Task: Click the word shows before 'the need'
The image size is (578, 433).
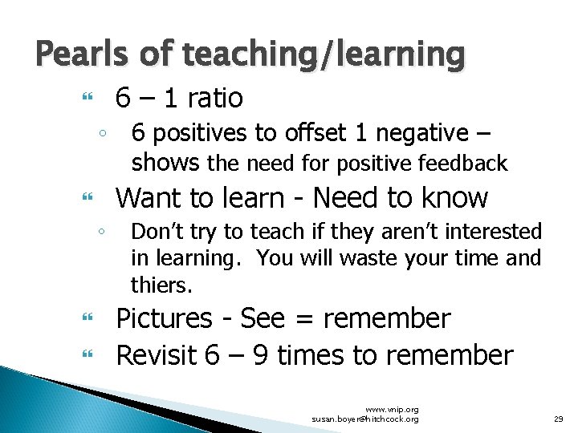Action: (165, 163)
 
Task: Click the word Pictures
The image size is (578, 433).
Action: (165, 318)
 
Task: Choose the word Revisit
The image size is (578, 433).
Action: (157, 354)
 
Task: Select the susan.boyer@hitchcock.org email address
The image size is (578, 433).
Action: (365, 419)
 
